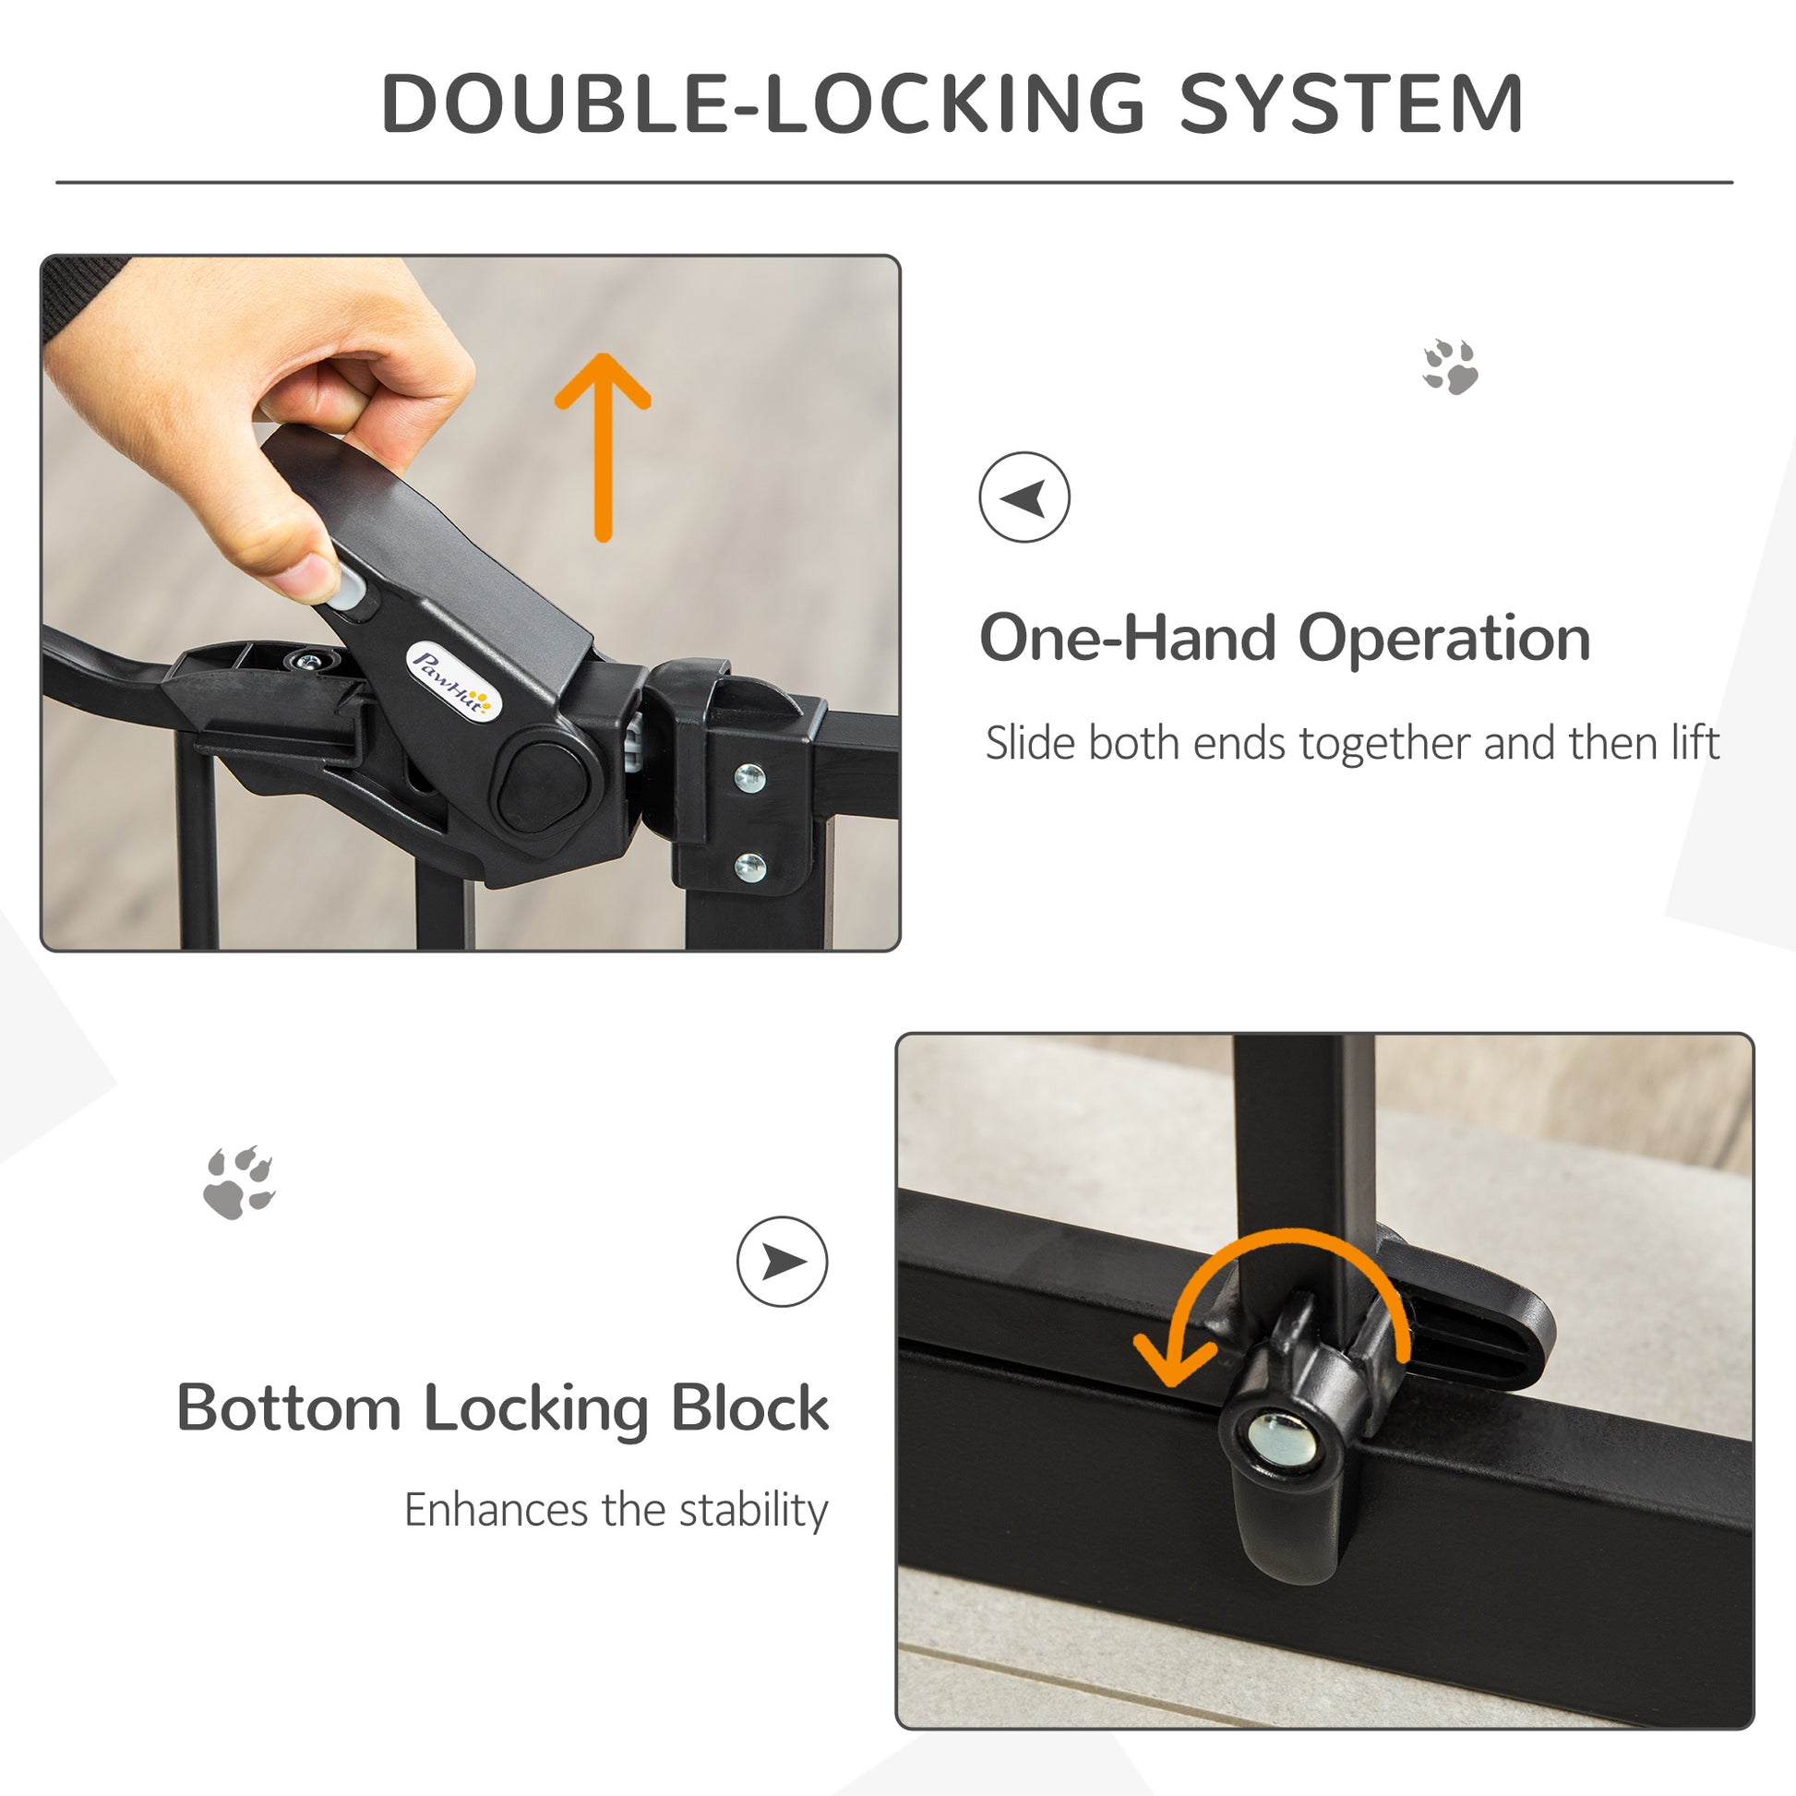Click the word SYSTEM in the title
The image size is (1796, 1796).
coord(1351,103)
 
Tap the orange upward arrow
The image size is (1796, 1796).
coord(603,446)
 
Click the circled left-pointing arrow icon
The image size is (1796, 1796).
coord(1024,497)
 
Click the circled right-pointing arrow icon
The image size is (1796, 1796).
coord(782,1262)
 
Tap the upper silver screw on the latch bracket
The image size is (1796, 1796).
coord(749,777)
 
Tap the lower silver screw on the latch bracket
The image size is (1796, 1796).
coord(749,868)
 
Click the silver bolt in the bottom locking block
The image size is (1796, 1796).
coord(1284,1439)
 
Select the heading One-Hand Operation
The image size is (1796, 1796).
coord(1285,639)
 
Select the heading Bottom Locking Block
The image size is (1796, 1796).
coord(502,1408)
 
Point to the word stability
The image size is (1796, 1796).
coord(753,1511)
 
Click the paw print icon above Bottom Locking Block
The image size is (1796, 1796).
coord(239,1182)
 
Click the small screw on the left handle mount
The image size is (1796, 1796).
coord(307,661)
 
